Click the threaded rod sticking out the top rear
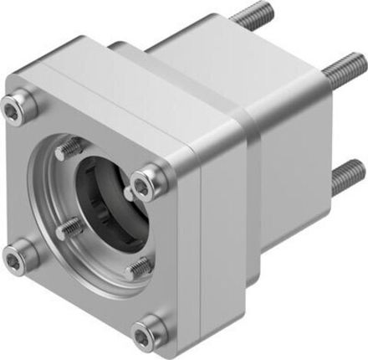(x=247, y=18)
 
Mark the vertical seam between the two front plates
(x=199, y=243)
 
